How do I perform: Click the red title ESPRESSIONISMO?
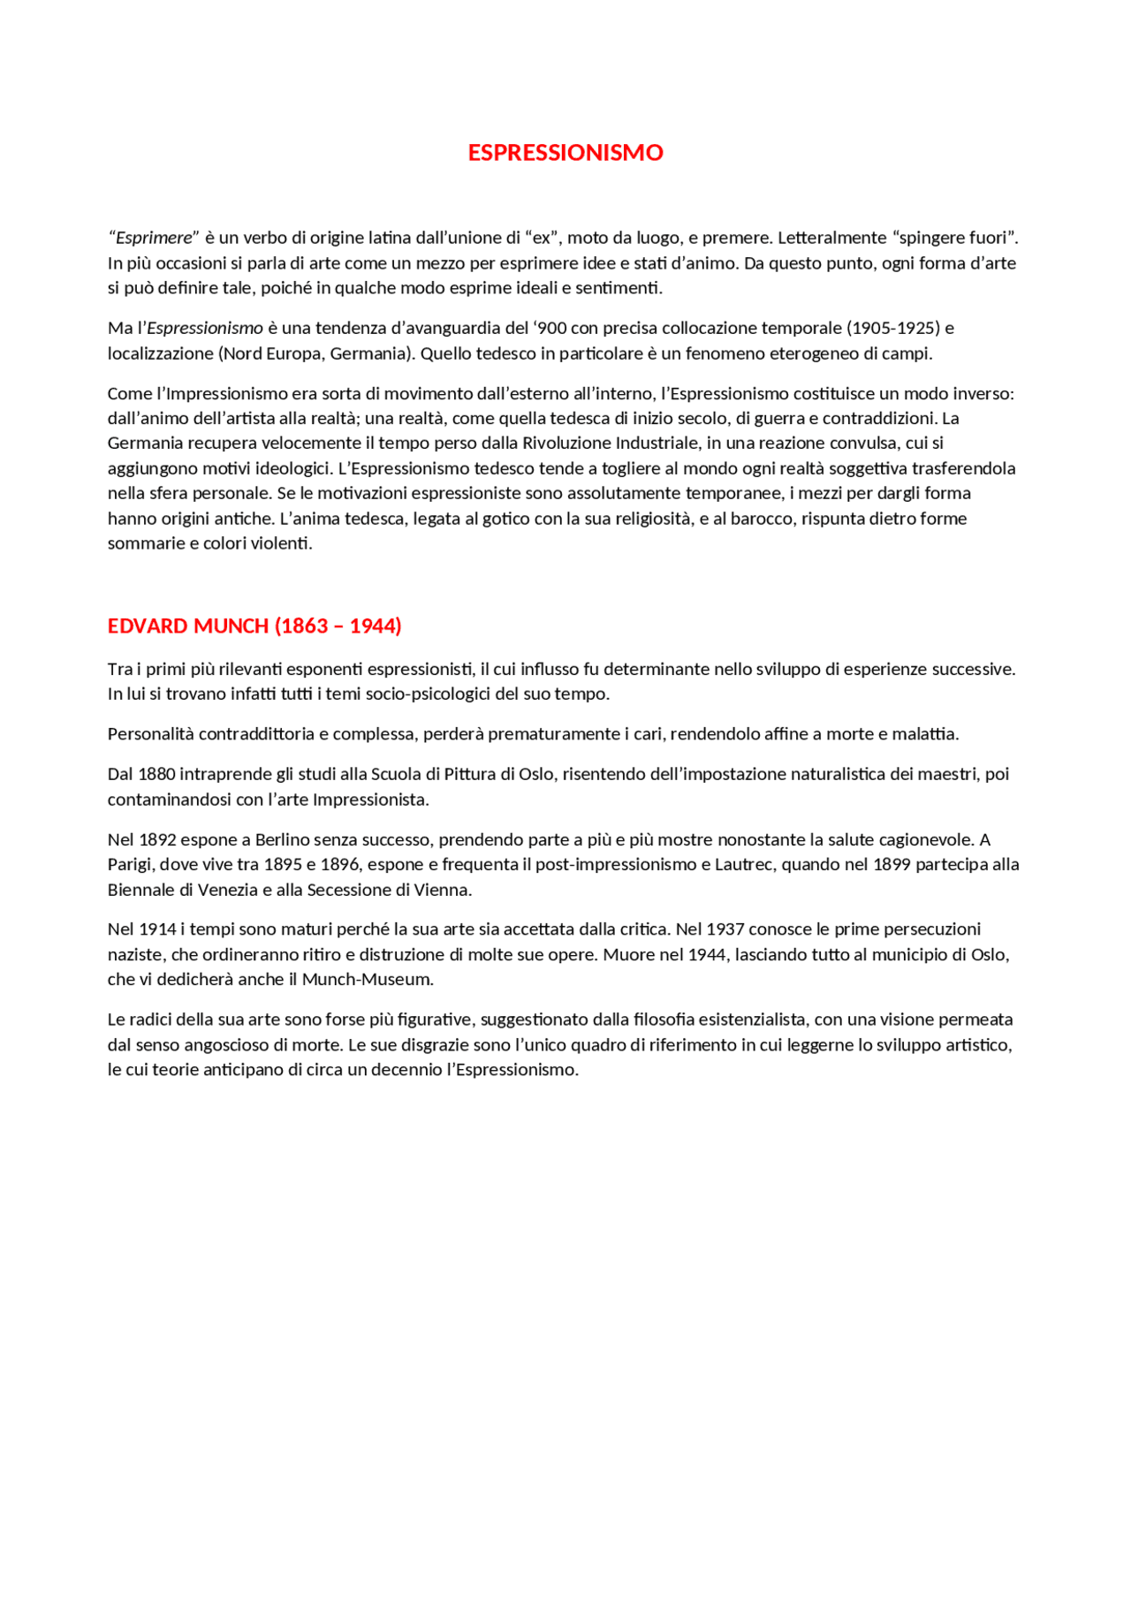(x=565, y=153)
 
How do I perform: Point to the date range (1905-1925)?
(x=893, y=328)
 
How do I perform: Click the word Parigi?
(x=130, y=864)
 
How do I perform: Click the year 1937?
(x=725, y=929)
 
